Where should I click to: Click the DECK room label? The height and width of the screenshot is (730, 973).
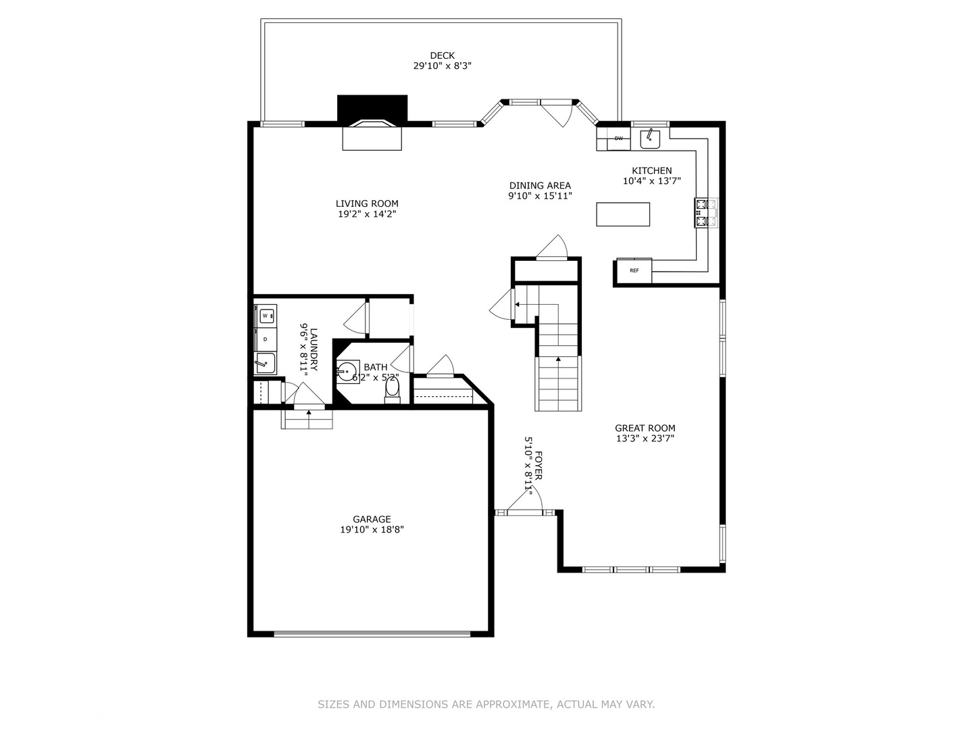pos(442,55)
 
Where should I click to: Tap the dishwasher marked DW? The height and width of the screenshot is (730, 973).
pos(618,139)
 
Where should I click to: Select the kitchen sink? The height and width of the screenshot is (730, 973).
pos(650,139)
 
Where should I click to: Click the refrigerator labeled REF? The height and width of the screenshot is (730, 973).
pos(634,270)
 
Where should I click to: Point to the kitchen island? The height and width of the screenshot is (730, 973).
pos(623,214)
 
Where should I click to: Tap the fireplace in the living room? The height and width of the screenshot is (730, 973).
pos(372,134)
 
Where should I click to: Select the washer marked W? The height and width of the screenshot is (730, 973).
pos(266,316)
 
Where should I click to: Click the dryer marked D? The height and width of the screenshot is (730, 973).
pos(266,339)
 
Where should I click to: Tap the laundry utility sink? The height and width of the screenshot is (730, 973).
pos(265,364)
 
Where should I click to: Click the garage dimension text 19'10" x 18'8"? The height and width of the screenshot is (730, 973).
pos(372,530)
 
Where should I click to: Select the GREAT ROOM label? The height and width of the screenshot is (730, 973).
pos(645,428)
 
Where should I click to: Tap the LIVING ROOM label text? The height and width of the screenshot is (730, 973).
pos(367,203)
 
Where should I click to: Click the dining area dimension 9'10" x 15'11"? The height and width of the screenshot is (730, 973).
pos(540,196)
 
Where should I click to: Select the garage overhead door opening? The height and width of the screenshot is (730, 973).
pos(372,633)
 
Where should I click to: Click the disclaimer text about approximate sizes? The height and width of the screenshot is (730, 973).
pos(486,704)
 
